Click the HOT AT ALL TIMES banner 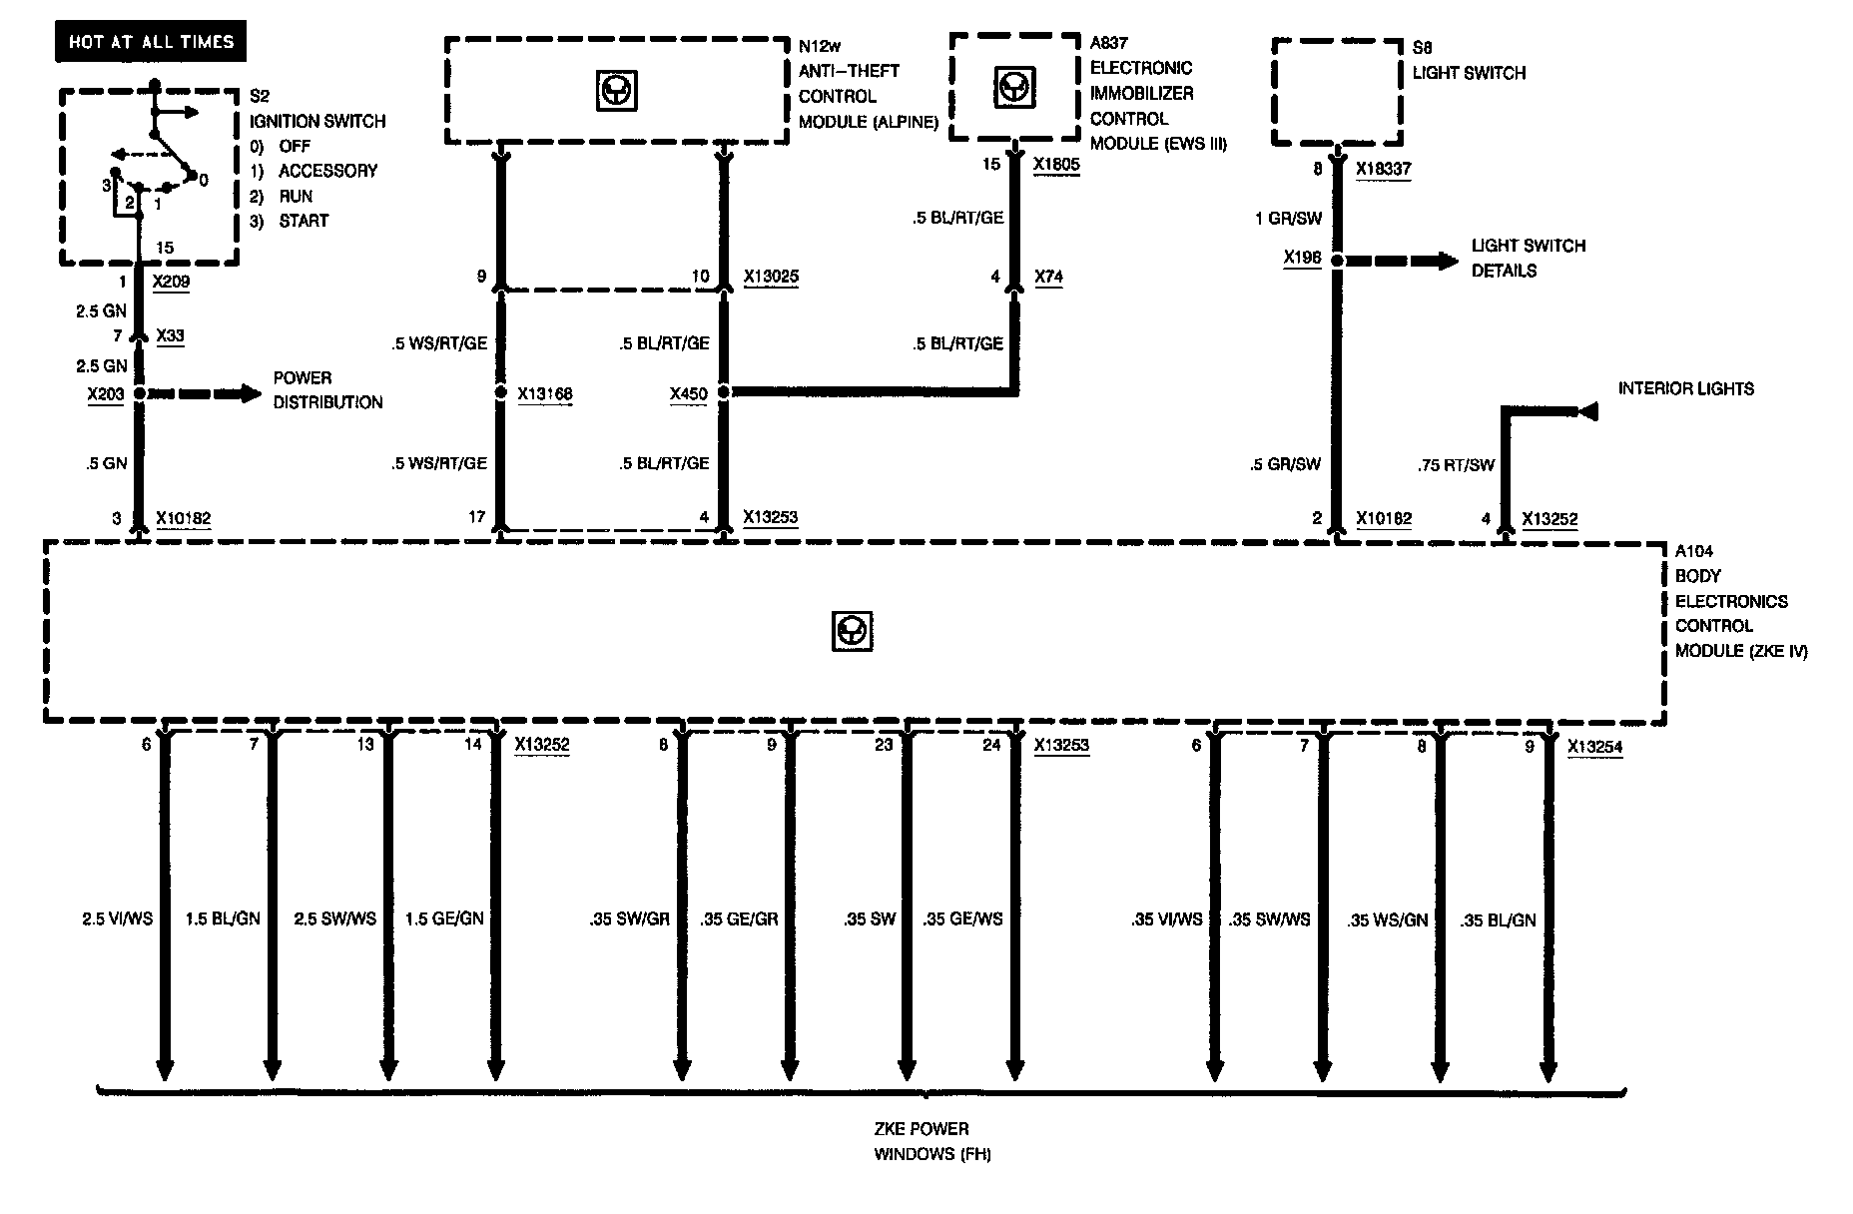pos(151,42)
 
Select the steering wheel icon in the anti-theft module pos(617,92)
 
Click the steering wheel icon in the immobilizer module pos(1013,88)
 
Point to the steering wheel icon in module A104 pos(852,631)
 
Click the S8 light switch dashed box pos(1338,92)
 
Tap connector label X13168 pos(545,394)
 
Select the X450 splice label pos(689,394)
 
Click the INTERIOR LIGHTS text pos(1686,388)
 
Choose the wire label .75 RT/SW pos(1456,464)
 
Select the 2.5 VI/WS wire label pos(117,918)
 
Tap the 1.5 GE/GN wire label pos(444,918)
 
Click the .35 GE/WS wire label pos(963,918)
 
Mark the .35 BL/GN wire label pos(1498,920)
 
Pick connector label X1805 pos(1056,165)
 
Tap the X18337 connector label pos(1384,169)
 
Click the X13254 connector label pos(1594,746)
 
